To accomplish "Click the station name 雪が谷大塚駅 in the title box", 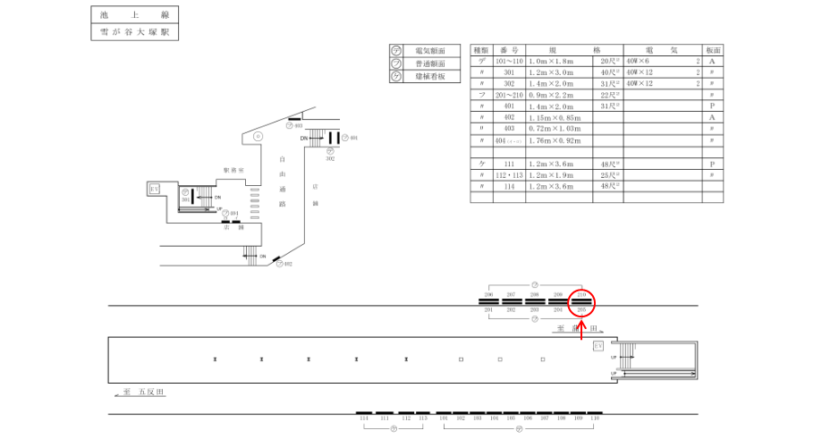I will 135,32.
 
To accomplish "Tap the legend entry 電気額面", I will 424,52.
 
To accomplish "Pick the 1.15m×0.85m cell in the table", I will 555,117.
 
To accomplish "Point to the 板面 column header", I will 713,50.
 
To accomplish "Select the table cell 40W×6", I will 640,61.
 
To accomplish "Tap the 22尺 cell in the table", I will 609,95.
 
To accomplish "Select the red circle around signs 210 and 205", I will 581,303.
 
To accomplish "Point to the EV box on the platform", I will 598,346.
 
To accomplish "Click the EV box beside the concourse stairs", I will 155,189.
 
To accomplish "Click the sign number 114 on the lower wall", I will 363,418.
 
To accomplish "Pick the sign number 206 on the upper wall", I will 488,294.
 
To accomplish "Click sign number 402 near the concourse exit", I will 288,264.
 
